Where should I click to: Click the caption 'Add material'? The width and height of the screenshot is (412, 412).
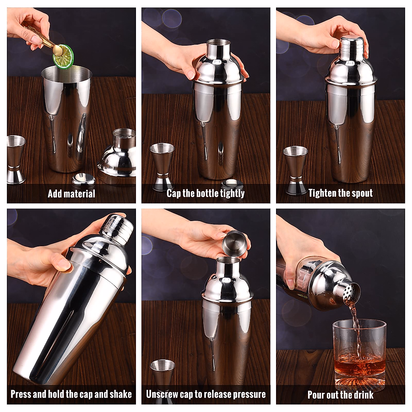point(71,194)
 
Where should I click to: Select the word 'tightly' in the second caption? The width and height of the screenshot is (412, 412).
point(232,194)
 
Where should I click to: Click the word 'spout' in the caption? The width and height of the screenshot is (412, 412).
point(362,193)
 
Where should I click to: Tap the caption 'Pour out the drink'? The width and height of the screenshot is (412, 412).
point(340,395)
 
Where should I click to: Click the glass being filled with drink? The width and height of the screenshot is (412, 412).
point(359,354)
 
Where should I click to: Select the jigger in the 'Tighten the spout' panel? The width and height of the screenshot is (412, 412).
point(295,170)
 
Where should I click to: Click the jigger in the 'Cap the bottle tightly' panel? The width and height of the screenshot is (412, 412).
point(162,167)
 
